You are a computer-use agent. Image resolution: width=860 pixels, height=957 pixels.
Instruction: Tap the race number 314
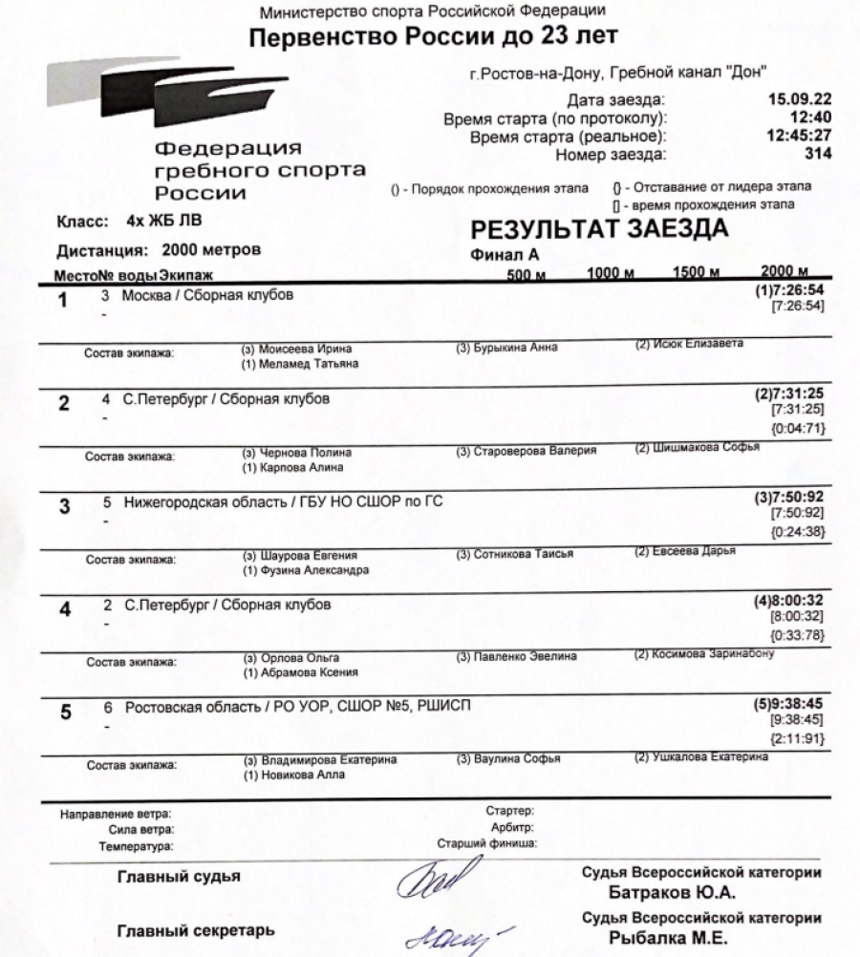coord(817,153)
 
